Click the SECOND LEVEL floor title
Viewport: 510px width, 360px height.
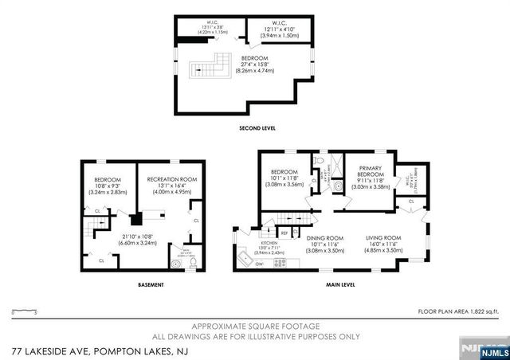point(256,127)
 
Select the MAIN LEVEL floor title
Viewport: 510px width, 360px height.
point(339,284)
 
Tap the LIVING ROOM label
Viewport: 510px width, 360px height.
point(384,237)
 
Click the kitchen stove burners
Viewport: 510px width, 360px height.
point(279,262)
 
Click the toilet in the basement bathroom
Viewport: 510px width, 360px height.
point(175,262)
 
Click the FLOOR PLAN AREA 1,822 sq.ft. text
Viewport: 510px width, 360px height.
point(457,311)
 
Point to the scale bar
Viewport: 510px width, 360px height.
point(25,311)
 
